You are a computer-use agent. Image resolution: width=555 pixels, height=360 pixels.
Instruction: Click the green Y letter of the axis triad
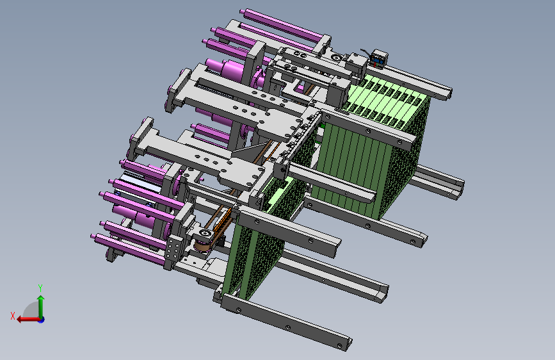pyautogui.click(x=40, y=288)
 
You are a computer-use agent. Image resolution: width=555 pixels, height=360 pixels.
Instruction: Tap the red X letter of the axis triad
pyautogui.click(x=13, y=316)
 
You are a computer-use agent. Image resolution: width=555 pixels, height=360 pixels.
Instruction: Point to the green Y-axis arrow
pyautogui.click(x=41, y=307)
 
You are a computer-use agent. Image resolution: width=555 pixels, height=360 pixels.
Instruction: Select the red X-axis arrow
pyautogui.click(x=28, y=319)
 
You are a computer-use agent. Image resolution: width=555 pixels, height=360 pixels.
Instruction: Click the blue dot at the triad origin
pyautogui.click(x=42, y=320)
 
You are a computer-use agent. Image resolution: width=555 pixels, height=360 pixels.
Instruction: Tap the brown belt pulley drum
pyautogui.click(x=202, y=245)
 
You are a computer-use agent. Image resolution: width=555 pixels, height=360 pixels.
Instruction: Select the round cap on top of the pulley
pyautogui.click(x=205, y=233)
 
